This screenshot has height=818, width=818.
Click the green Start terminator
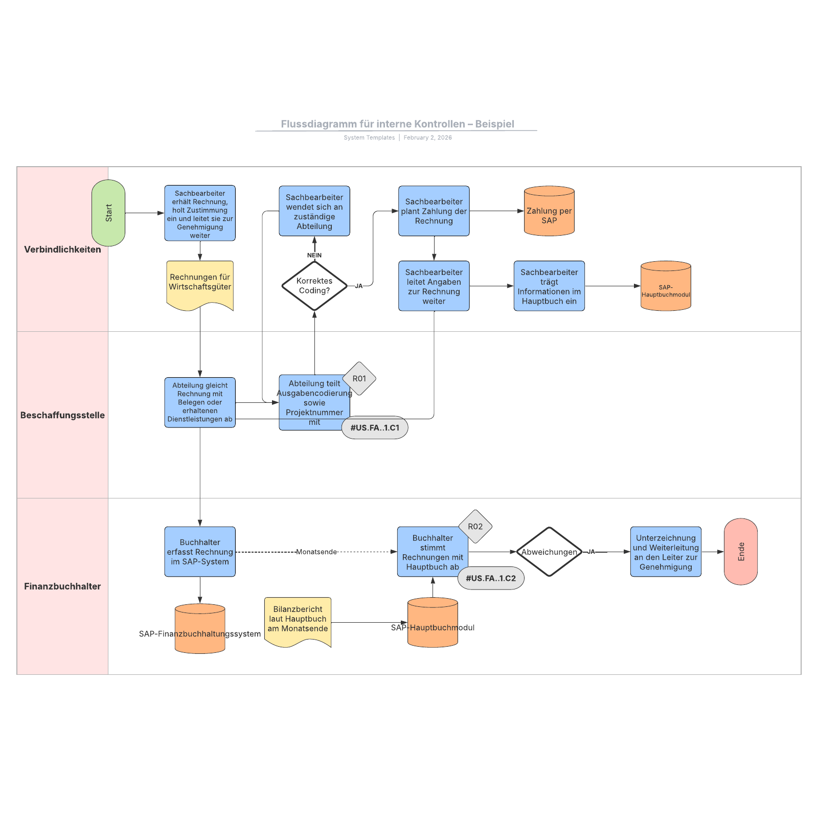point(108,213)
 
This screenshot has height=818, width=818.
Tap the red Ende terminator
point(740,552)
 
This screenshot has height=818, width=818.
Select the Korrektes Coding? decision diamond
point(314,286)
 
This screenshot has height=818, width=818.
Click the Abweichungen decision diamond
point(549,552)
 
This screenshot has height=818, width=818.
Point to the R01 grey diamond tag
point(359,378)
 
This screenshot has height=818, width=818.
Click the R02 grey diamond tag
point(475,526)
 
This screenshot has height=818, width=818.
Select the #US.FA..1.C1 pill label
point(375,427)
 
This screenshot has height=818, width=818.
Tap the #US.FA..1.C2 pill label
point(491,578)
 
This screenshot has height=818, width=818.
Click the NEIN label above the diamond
point(314,255)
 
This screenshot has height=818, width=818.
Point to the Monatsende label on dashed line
point(316,552)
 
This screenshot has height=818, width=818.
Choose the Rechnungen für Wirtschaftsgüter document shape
point(200,284)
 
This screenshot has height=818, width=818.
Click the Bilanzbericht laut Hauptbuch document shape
point(298,620)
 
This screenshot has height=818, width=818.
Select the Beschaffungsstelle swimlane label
point(62,415)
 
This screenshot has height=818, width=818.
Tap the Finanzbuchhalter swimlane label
point(62,586)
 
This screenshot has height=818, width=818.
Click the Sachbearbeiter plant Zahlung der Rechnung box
point(434,211)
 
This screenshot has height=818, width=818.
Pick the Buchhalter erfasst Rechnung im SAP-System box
point(200,552)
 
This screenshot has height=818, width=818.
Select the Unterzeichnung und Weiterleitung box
point(666,552)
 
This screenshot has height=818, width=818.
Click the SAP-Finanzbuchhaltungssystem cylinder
point(200,629)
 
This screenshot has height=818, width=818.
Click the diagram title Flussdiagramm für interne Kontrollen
point(397,124)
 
